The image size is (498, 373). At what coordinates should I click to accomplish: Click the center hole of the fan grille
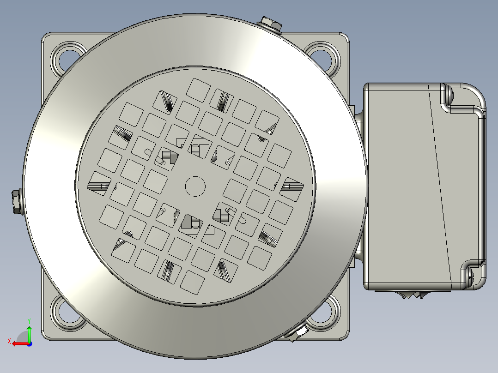(x=195, y=186)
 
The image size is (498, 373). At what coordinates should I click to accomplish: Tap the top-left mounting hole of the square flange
(x=67, y=59)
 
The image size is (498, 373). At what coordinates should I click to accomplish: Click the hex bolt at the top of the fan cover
(x=270, y=24)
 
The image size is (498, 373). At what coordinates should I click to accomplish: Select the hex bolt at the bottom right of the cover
(x=297, y=333)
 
